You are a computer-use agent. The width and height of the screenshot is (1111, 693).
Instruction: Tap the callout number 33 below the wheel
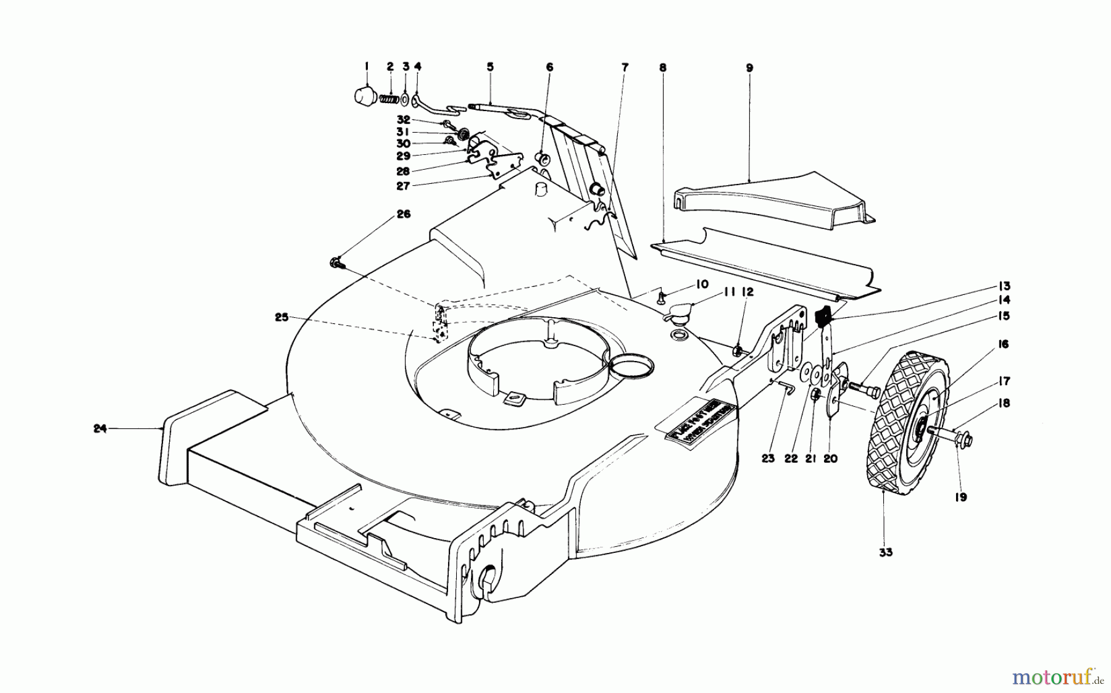886,553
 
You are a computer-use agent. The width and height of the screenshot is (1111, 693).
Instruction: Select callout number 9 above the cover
749,68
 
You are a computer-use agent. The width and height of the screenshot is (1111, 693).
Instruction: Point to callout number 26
403,215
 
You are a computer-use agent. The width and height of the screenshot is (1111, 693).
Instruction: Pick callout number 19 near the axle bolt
962,497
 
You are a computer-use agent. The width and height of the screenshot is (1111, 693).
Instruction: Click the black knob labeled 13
823,318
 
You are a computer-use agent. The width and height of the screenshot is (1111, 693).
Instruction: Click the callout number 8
663,68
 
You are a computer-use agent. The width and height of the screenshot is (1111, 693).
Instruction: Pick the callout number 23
767,459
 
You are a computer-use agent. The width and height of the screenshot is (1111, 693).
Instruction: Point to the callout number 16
1003,344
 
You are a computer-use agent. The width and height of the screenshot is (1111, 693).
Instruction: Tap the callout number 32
403,120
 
